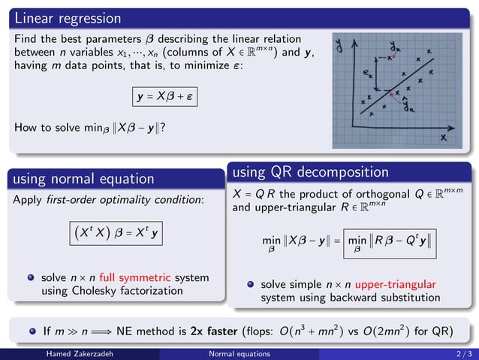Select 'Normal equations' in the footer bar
[x=239, y=353]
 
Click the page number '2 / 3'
[x=463, y=353]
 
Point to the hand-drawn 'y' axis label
[x=341, y=47]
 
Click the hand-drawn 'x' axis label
[x=444, y=138]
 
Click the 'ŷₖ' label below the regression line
[x=408, y=107]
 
